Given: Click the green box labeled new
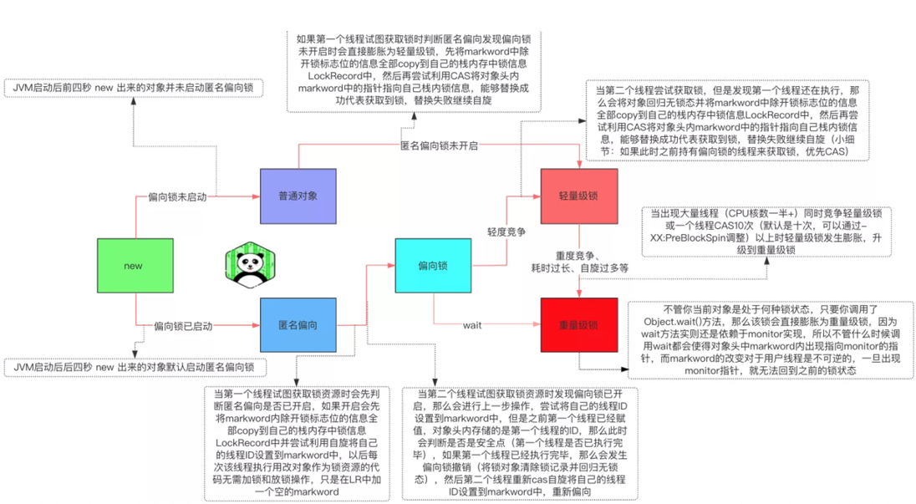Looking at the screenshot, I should tap(133, 266).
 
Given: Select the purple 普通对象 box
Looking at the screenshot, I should tap(298, 196).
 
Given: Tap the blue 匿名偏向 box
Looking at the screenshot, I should tap(298, 325).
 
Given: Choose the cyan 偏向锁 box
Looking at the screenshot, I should tap(433, 266).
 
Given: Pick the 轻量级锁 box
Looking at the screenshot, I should tap(578, 196).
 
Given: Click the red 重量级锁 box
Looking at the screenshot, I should tap(578, 325).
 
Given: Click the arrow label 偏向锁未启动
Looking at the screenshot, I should tap(177, 196).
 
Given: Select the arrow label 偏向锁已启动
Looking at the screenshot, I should tap(182, 325).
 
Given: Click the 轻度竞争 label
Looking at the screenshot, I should tap(506, 232).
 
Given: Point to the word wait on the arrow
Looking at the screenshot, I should tap(472, 325).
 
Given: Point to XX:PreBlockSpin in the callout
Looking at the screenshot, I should tap(693, 237).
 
